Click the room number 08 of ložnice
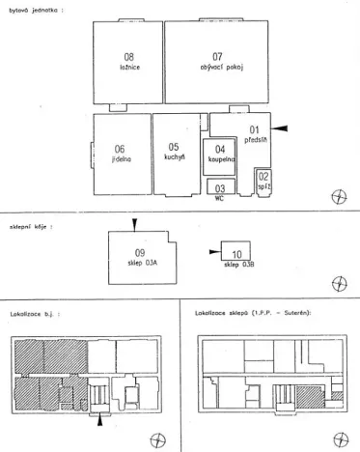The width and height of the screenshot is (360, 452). click(128, 57)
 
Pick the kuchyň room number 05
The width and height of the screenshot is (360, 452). click(175, 147)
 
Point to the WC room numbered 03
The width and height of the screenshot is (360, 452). click(220, 187)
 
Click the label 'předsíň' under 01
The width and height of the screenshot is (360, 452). click(255, 139)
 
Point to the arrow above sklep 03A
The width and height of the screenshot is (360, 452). click(135, 224)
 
